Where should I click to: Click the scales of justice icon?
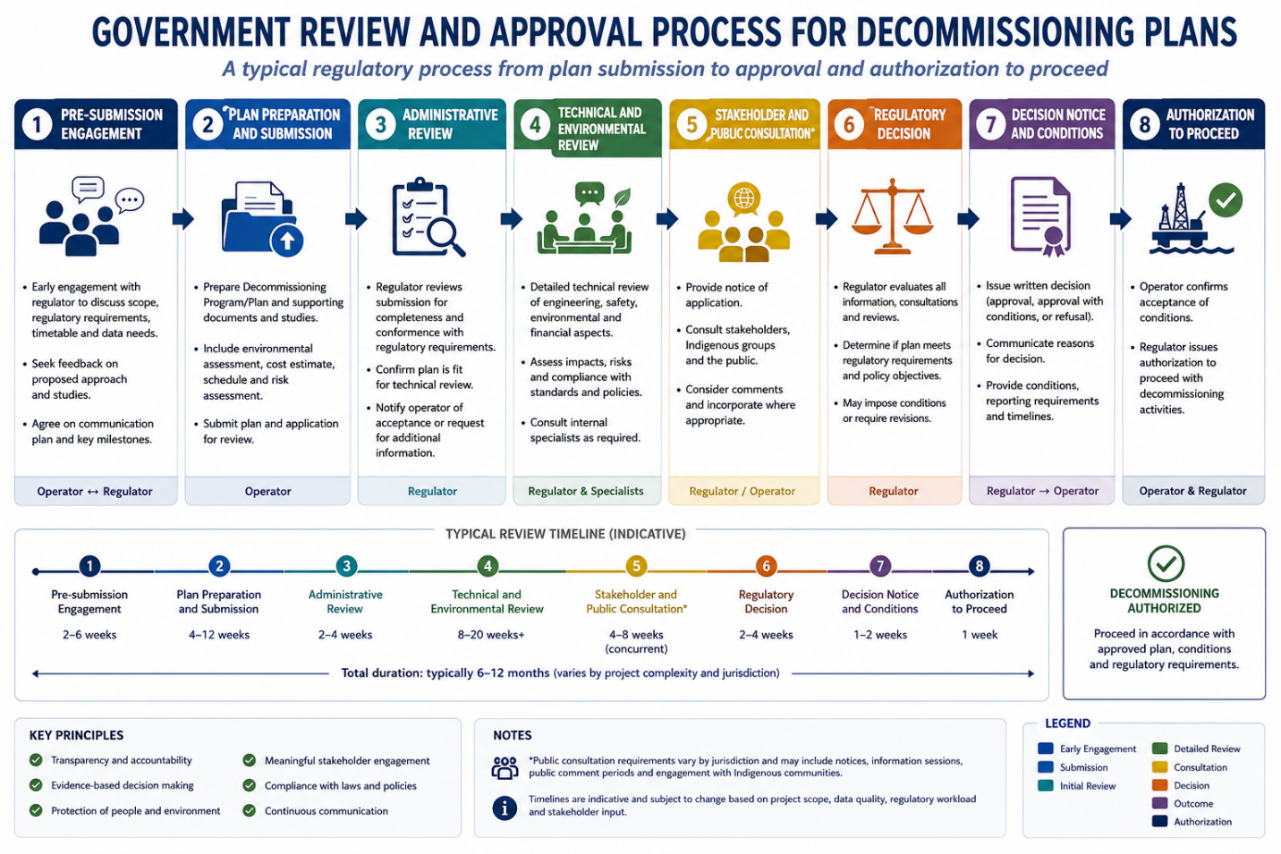[892, 216]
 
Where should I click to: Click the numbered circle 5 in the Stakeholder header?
[691, 124]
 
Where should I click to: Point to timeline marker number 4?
[488, 566]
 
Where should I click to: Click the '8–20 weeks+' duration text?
[491, 635]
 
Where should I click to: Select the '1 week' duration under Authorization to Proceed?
[979, 635]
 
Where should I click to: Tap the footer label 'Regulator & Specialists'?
[586, 491]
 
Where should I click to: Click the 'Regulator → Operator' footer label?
[1042, 491]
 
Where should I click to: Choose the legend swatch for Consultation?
[1159, 767]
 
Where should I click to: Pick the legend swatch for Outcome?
[1159, 803]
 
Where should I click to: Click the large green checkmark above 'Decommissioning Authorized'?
[1166, 563]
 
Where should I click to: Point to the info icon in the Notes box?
[505, 808]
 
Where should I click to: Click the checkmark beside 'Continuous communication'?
[249, 810]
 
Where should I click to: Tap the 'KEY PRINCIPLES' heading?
[76, 735]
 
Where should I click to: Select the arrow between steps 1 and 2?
[183, 218]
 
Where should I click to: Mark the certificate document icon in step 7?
[1040, 216]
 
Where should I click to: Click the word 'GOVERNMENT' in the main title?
[192, 32]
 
